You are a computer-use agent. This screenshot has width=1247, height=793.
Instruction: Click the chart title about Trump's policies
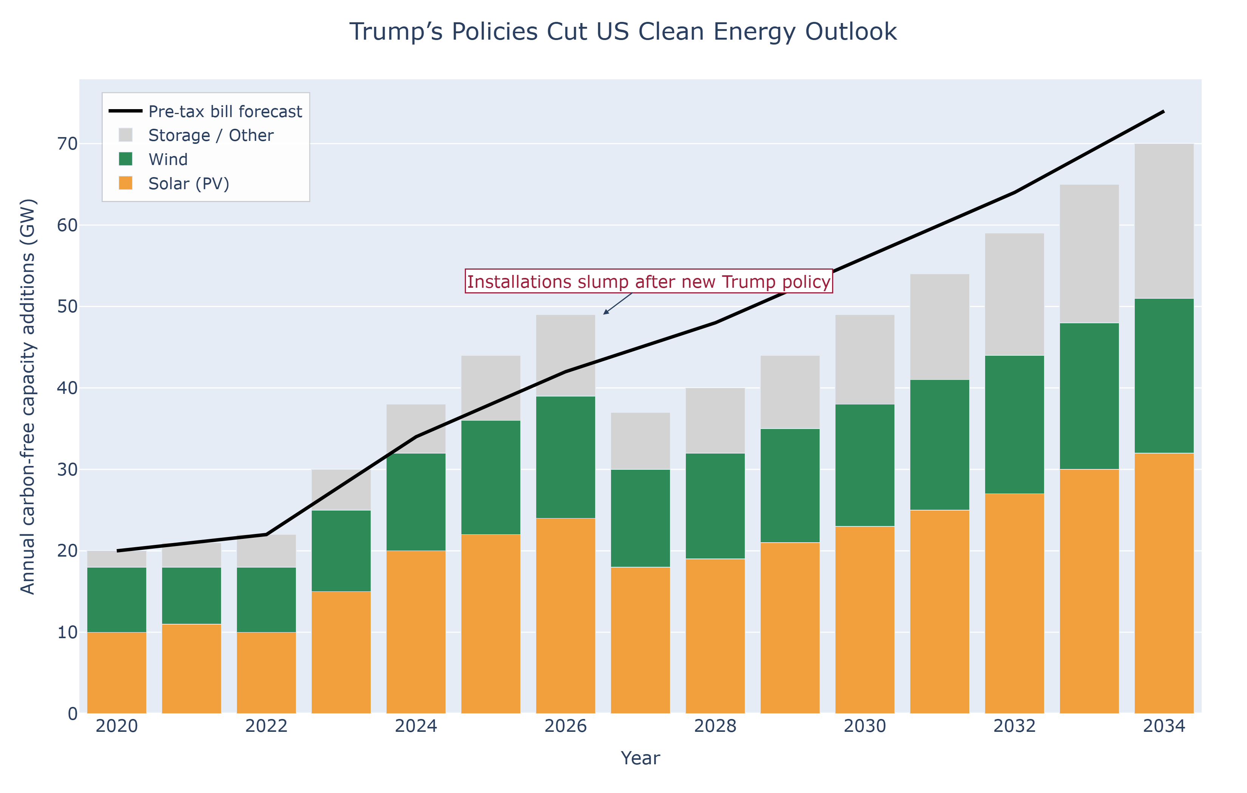(x=623, y=32)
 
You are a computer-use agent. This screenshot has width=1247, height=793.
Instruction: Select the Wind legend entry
(x=168, y=159)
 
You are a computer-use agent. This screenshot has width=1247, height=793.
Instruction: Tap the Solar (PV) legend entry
(x=189, y=184)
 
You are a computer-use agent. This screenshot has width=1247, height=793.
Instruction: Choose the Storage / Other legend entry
(x=211, y=136)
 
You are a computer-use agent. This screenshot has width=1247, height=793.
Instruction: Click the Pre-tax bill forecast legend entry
(x=225, y=112)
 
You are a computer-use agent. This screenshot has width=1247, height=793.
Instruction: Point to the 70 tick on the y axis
(x=67, y=144)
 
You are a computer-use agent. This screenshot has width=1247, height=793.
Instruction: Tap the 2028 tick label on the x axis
(x=715, y=726)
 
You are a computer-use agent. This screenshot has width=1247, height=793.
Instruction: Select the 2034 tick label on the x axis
(x=1163, y=726)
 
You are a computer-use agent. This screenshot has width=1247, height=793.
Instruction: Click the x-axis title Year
(x=640, y=758)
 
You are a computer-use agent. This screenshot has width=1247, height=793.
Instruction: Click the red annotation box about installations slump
(x=648, y=282)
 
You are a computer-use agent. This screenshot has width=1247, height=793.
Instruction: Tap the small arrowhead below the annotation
(x=605, y=313)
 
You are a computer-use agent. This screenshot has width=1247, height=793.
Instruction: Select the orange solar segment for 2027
(x=640, y=640)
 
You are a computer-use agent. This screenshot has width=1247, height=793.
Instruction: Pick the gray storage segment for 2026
(x=566, y=356)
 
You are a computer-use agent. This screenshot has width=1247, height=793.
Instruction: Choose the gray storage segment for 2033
(x=1089, y=254)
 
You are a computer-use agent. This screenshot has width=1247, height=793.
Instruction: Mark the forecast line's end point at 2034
(x=1163, y=111)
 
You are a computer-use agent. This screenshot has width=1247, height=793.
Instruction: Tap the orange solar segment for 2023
(x=341, y=652)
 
